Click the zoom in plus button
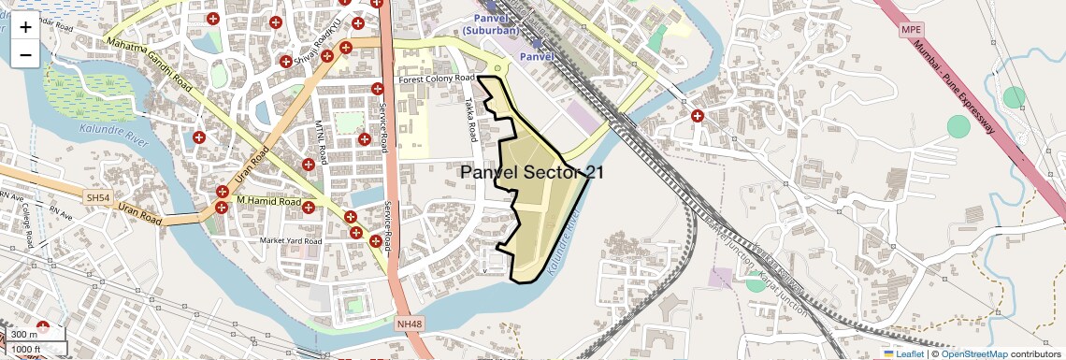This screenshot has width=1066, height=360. tap(25, 27)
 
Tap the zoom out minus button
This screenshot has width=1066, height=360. tap(25, 55)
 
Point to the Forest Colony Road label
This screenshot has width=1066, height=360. tap(438, 80)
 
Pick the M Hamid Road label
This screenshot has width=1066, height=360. tap(268, 201)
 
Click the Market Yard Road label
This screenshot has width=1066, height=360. tap(291, 241)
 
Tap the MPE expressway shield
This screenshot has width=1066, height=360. tap(911, 30)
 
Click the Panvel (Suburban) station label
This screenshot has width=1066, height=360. tap(496, 24)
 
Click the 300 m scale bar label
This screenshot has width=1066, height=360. tap(25, 335)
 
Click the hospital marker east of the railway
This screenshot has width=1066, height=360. tap(698, 117)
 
